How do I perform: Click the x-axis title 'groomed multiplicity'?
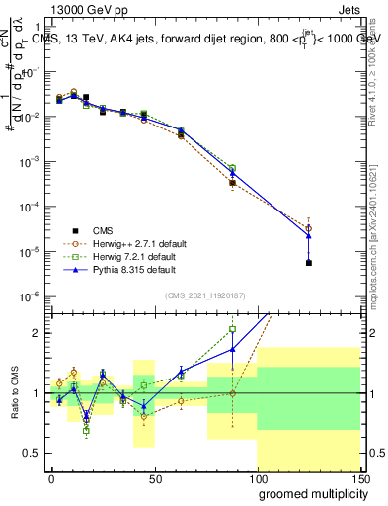(x=308, y=493)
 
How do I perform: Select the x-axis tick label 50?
(x=154, y=478)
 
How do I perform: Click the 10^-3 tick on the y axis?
(x=30, y=161)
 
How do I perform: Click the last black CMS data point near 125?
(x=309, y=263)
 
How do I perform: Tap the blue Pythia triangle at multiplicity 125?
(x=309, y=235)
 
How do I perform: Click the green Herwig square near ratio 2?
(x=232, y=329)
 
